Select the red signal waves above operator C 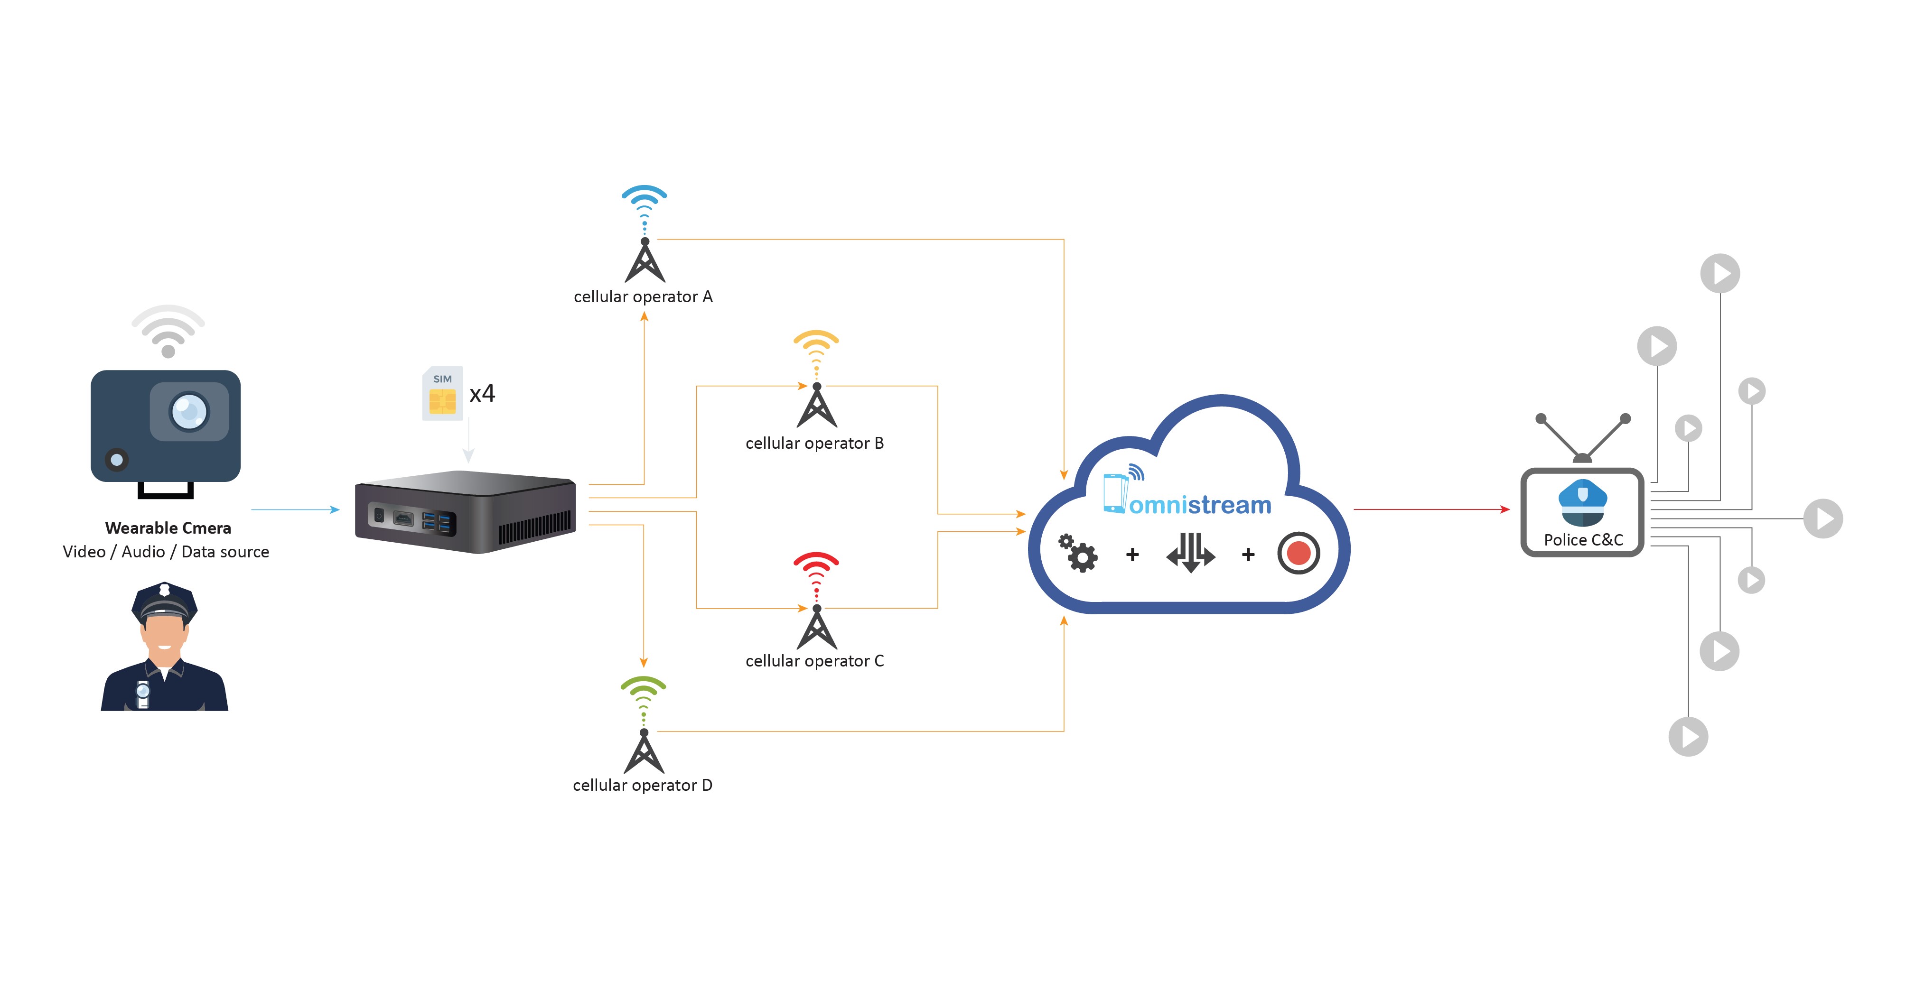tap(816, 566)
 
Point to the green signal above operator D tap(644, 690)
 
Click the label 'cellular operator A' tap(643, 296)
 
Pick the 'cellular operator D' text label tap(642, 785)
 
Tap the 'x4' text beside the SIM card tap(482, 394)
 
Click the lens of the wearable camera tap(189, 411)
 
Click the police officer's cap tap(164, 601)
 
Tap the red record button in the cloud tap(1299, 553)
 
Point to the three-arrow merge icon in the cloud tap(1190, 553)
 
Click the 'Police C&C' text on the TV tap(1583, 540)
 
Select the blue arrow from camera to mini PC tap(294, 510)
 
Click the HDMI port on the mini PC tap(403, 518)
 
